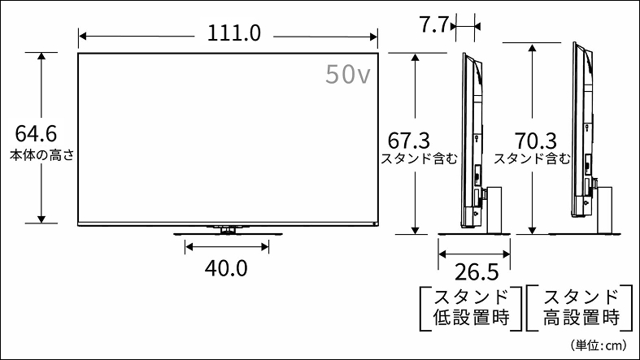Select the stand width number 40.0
click(x=227, y=267)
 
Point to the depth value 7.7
click(x=434, y=25)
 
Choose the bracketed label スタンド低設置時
click(x=469, y=306)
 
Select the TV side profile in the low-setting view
click(x=470, y=138)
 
